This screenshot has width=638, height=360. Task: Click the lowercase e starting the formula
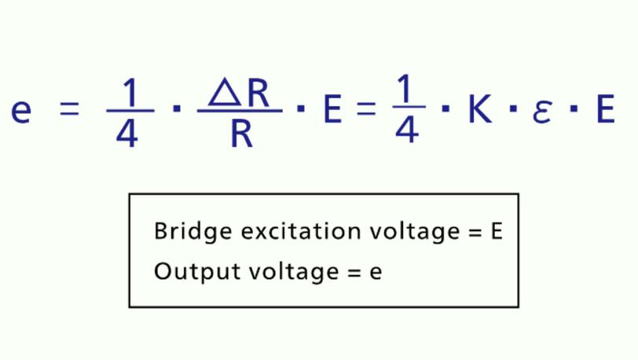(21, 110)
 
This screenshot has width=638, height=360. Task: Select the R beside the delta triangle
(258, 94)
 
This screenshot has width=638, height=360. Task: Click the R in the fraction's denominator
(242, 133)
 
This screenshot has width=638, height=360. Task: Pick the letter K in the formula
(480, 108)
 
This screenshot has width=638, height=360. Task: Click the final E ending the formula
(606, 108)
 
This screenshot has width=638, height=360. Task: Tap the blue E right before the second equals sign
(332, 108)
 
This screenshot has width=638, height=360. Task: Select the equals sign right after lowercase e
(69, 109)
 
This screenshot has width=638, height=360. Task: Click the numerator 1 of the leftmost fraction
(130, 92)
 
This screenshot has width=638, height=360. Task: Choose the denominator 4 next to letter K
(407, 130)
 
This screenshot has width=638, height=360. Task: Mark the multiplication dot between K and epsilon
(514, 108)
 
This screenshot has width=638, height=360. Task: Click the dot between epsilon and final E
(574, 108)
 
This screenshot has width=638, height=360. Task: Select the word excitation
(301, 231)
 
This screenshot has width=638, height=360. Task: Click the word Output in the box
(197, 272)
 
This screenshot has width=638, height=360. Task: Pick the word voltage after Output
(294, 273)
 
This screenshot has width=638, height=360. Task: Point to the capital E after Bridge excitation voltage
(497, 231)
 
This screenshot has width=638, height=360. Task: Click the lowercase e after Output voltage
(376, 273)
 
